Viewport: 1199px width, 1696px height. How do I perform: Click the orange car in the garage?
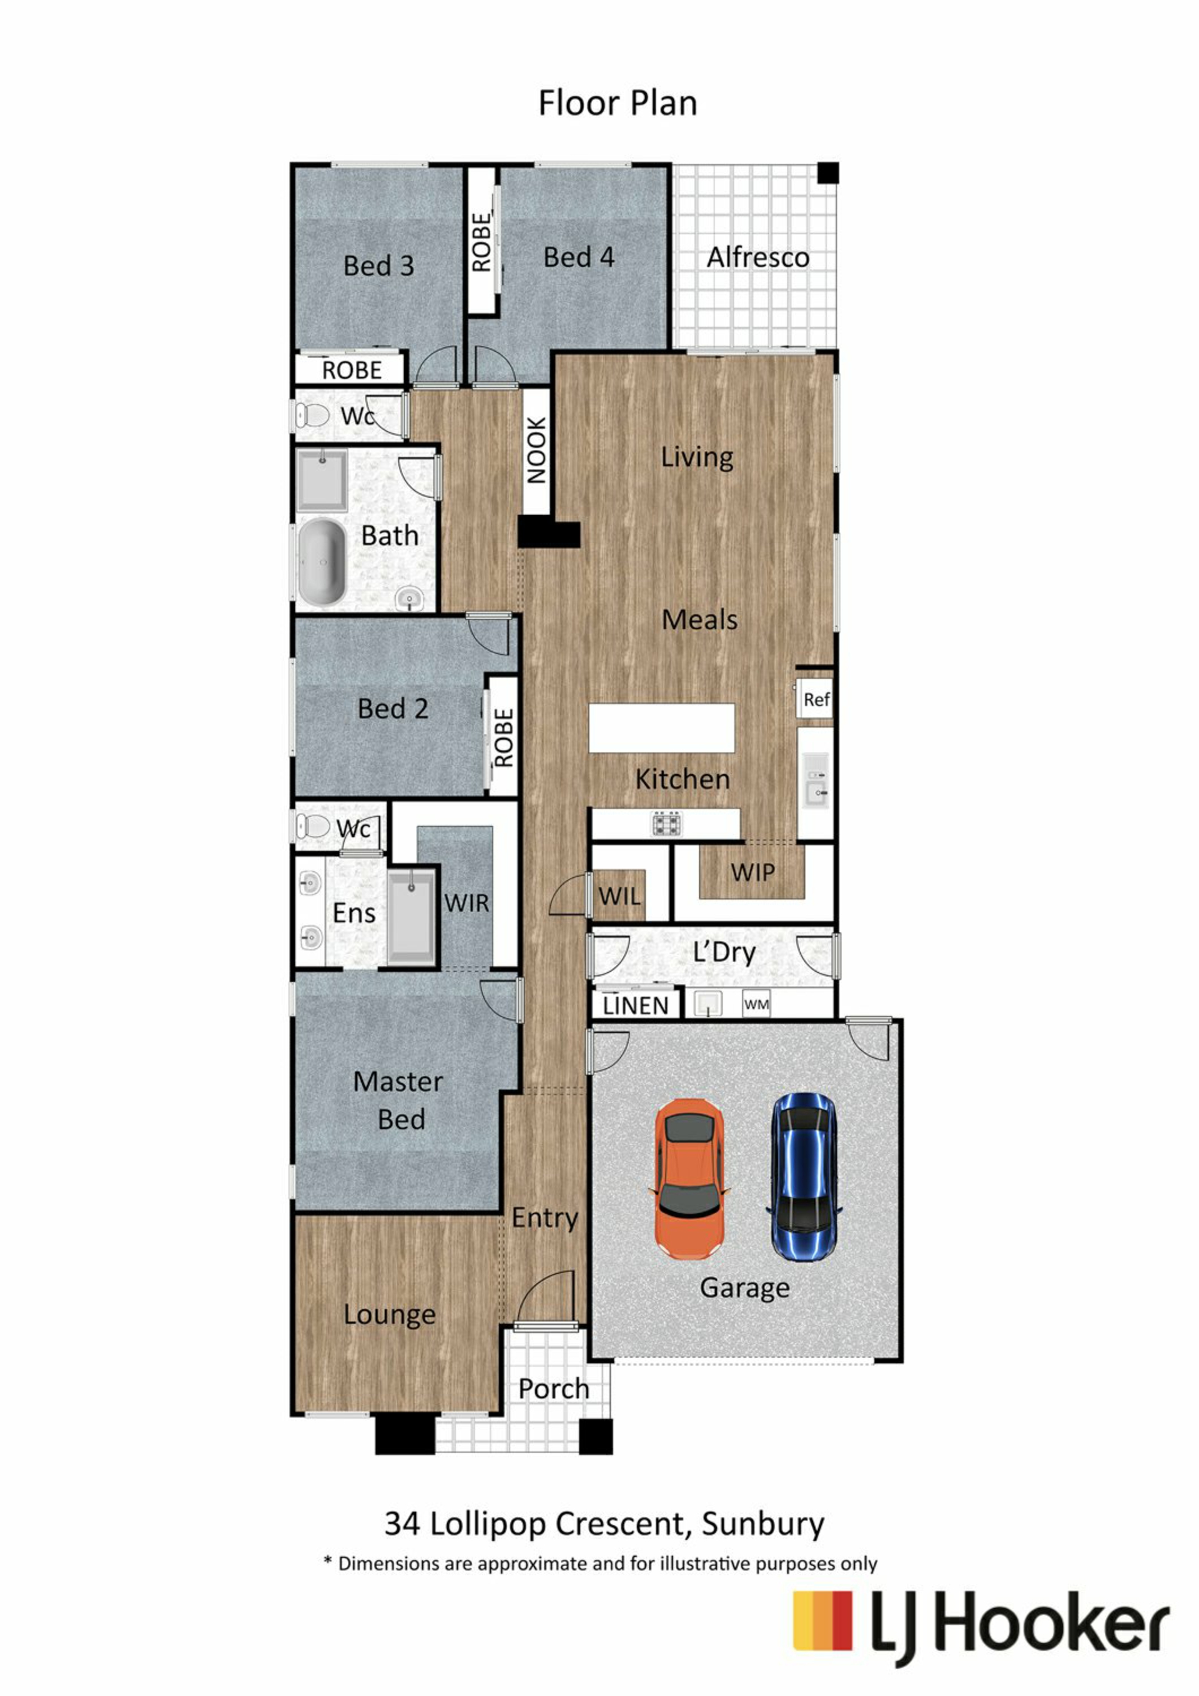[x=689, y=1178]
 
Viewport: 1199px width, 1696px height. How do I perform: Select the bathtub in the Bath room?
[x=322, y=561]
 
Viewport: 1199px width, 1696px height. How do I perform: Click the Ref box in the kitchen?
[x=815, y=699]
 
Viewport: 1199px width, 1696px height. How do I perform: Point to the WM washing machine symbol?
[x=756, y=1005]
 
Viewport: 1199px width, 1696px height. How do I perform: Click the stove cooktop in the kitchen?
[x=666, y=823]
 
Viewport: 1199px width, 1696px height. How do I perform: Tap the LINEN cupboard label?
[x=635, y=1006]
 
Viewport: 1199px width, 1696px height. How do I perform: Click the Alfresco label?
[x=758, y=258]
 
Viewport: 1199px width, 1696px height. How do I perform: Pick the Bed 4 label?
[x=578, y=257]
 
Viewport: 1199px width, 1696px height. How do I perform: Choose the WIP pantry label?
[x=752, y=872]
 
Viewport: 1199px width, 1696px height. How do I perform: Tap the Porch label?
[x=553, y=1389]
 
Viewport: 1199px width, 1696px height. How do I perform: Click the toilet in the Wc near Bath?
[x=313, y=415]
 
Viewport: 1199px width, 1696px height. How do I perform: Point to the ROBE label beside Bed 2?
[x=504, y=737]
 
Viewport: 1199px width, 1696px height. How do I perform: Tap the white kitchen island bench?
[x=661, y=727]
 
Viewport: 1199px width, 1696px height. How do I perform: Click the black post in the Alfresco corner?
[x=827, y=173]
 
